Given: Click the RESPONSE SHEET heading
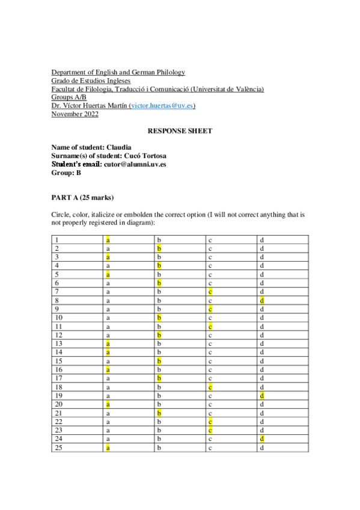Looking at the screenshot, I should pyautogui.click(x=180, y=131).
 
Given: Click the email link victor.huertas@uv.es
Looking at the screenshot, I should pyautogui.click(x=161, y=106).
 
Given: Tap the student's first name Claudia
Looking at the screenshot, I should pyautogui.click(x=119, y=147).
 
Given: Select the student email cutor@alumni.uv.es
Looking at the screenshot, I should pyautogui.click(x=135, y=164).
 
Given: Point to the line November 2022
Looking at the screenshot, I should pyautogui.click(x=75, y=114).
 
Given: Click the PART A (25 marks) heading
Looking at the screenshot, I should pyautogui.click(x=83, y=197).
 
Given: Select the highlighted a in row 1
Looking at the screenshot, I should pyautogui.click(x=108, y=240).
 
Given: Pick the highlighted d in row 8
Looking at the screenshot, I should pyautogui.click(x=262, y=300).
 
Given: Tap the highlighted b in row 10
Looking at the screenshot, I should pyautogui.click(x=159, y=317).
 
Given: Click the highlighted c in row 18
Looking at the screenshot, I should pyautogui.click(x=211, y=389).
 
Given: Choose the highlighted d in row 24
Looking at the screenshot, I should pyautogui.click(x=262, y=439).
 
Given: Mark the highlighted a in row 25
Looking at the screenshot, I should pyautogui.click(x=108, y=448).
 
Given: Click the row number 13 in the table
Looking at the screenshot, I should pyautogui.click(x=58, y=343).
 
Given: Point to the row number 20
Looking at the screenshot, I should pyautogui.click(x=58, y=405).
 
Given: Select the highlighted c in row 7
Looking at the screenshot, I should pyautogui.click(x=211, y=292).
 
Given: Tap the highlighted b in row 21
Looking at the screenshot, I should pyautogui.click(x=159, y=414).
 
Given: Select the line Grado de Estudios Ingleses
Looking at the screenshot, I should pyautogui.click(x=91, y=81).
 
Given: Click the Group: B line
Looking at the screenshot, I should pyautogui.click(x=66, y=172).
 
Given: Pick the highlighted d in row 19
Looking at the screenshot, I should pyautogui.click(x=262, y=396).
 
